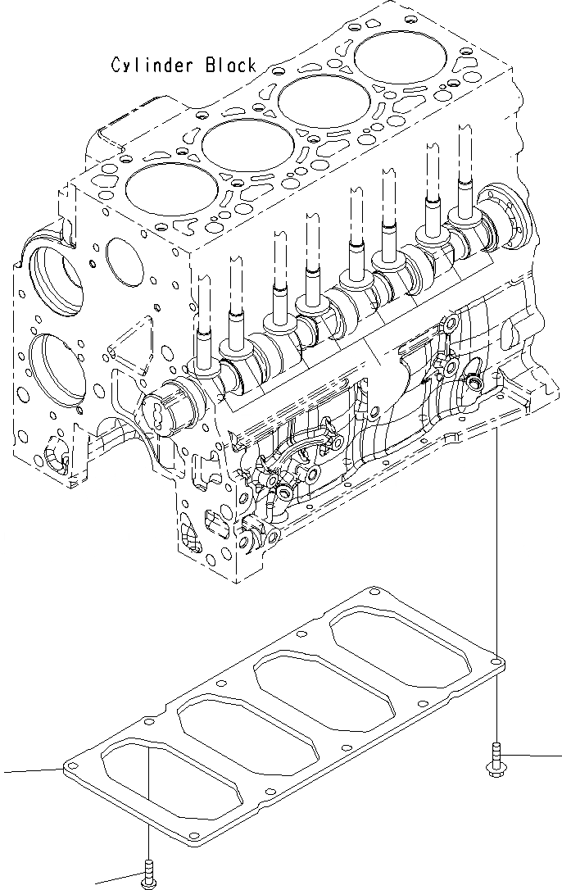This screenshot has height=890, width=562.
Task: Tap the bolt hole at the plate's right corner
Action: click(497, 657)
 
